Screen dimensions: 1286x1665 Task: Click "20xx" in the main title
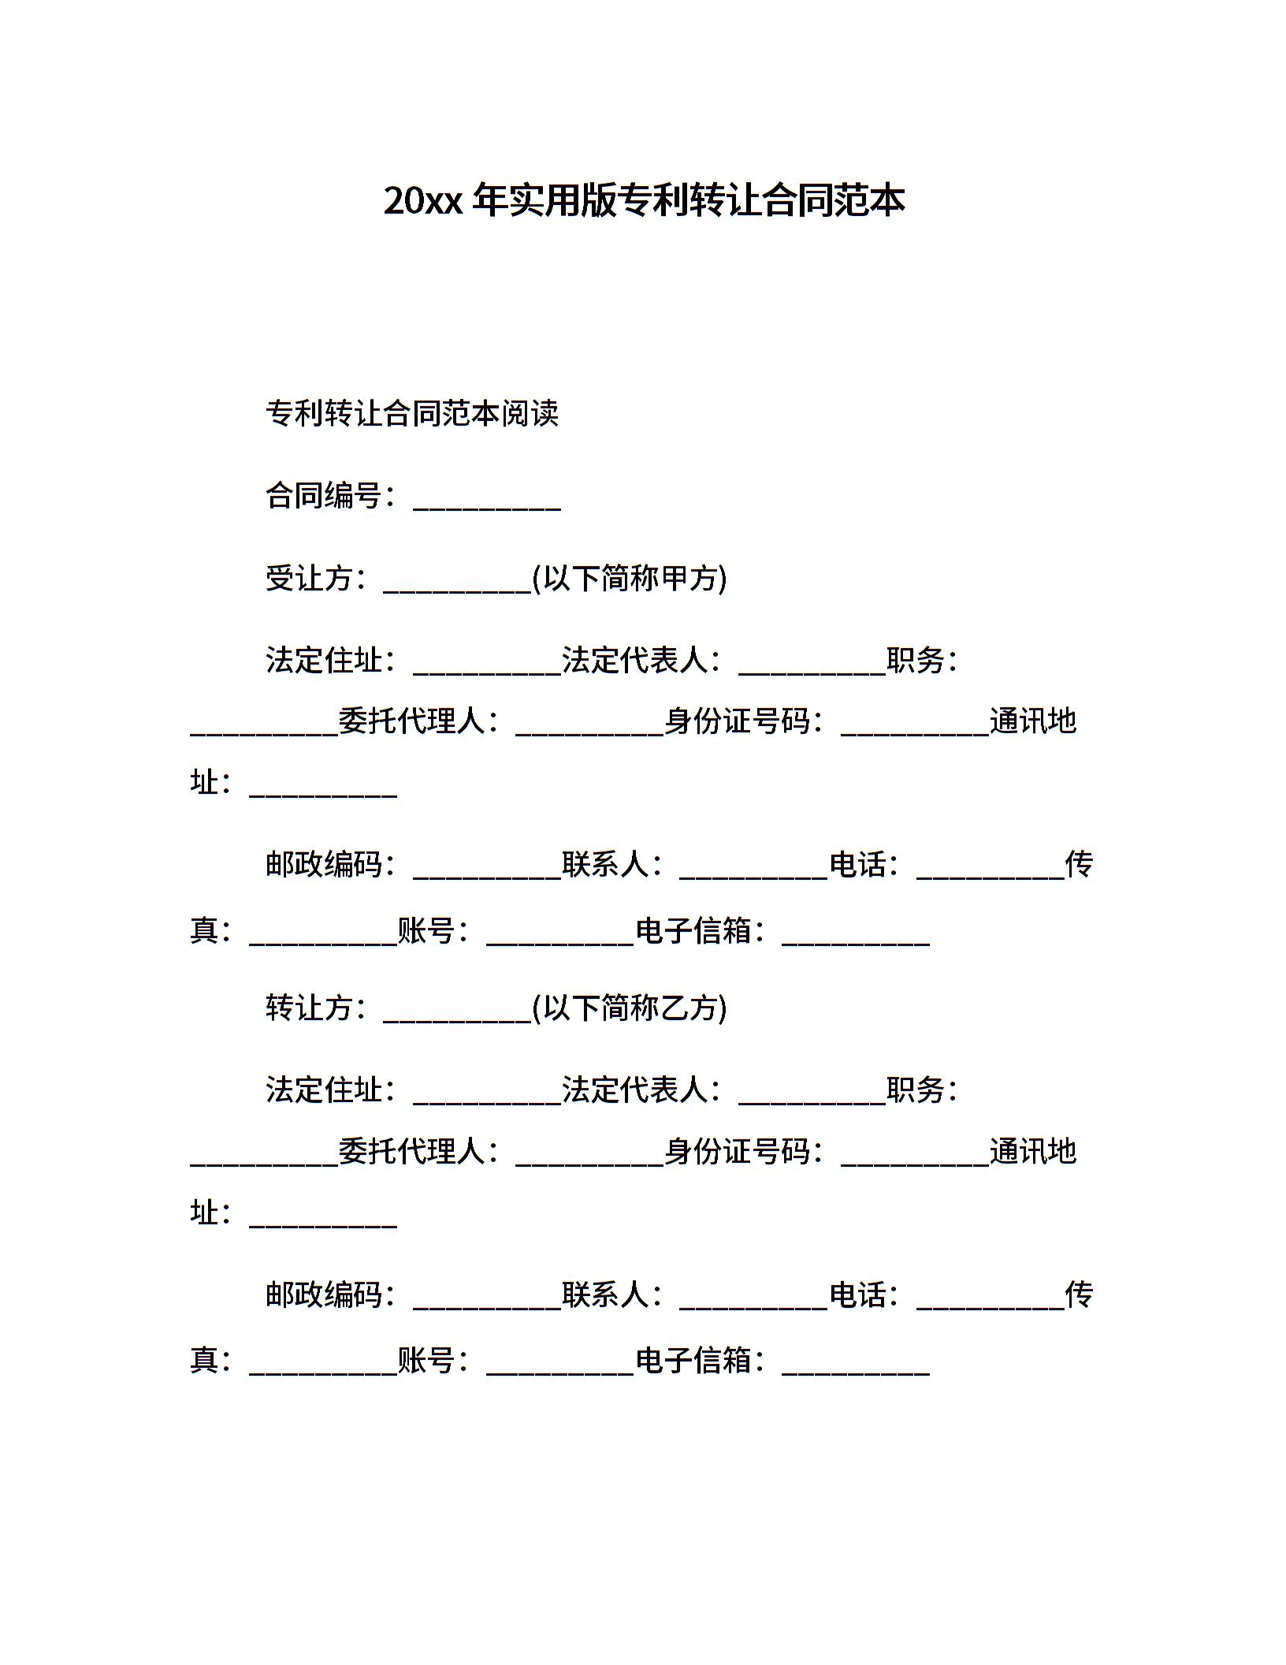422,202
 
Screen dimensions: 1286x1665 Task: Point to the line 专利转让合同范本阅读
412,413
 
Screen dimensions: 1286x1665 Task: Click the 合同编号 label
324,496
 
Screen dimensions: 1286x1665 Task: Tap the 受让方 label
309,579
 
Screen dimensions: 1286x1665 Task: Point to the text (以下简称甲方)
630,579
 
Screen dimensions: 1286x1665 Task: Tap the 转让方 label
309,1008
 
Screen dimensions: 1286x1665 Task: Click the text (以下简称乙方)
630,1008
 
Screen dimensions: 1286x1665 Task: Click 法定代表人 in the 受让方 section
635,661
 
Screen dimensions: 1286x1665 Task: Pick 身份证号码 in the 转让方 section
738,1152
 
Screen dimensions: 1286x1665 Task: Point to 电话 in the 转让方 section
858,1294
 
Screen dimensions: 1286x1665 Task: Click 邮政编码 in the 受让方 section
324,865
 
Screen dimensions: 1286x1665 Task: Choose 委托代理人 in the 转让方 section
412,1152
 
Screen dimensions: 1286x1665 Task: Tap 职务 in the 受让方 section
916,661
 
